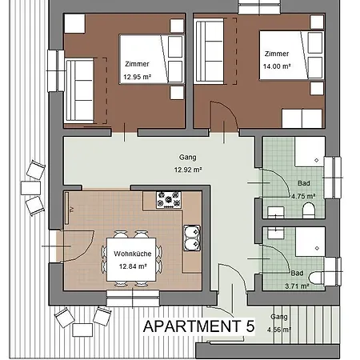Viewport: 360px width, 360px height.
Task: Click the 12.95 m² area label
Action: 138,78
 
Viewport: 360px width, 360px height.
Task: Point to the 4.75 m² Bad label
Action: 302,194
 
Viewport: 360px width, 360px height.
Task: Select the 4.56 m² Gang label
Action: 280,327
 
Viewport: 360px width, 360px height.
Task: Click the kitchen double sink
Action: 191,235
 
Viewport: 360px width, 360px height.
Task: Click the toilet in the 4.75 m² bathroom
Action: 309,210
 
